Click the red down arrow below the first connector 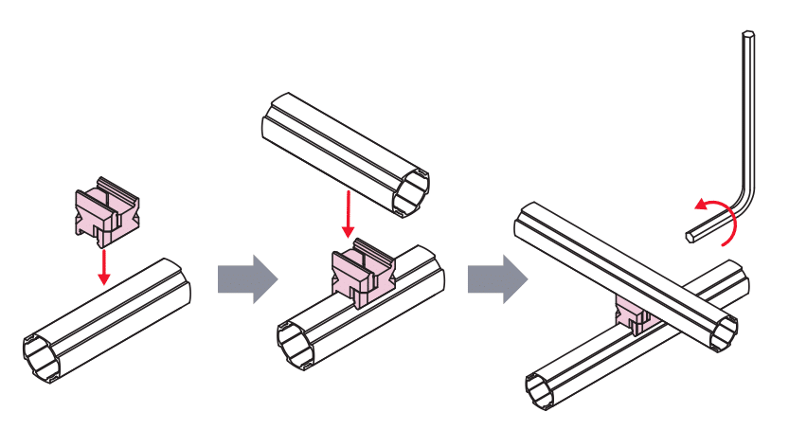click(x=104, y=266)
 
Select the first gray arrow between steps click(x=246, y=279)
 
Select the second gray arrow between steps click(x=495, y=279)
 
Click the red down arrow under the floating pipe click(x=349, y=215)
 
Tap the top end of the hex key click(x=748, y=36)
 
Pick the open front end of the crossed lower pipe click(x=544, y=389)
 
